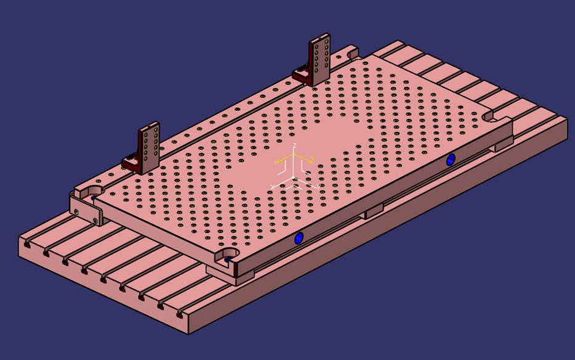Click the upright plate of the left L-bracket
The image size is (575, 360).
(149, 148)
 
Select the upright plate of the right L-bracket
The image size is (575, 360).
(320, 59)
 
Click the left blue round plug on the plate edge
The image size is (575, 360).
(299, 238)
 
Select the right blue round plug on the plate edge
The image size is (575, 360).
(451, 160)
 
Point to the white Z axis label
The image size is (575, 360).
(295, 145)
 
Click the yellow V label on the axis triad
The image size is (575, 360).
(312, 158)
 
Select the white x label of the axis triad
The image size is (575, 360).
(272, 186)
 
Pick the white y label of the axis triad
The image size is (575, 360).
(318, 187)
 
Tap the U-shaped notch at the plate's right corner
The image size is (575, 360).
(491, 116)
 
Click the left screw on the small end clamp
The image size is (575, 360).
(76, 211)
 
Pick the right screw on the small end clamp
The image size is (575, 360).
(96, 219)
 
